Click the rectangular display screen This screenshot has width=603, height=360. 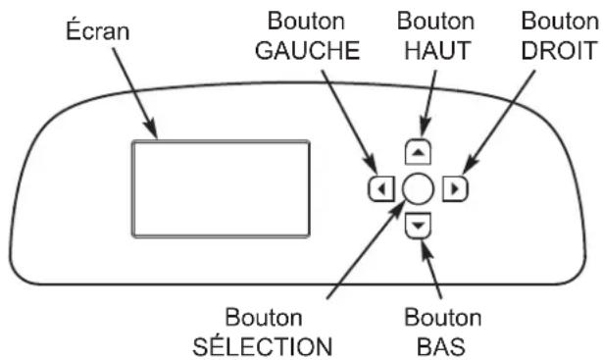point(221,187)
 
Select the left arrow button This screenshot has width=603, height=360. point(377,186)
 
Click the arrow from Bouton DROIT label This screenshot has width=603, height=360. point(510,118)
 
